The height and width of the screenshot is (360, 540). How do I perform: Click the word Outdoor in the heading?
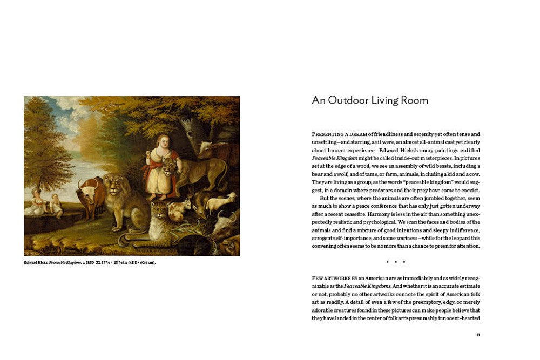coord(346,100)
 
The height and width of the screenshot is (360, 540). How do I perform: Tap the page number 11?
coord(478,335)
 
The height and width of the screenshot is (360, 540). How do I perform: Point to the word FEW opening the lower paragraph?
coord(319,277)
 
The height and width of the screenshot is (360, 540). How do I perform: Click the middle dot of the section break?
coord(396,262)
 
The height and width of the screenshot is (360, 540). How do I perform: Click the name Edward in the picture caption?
coord(32,263)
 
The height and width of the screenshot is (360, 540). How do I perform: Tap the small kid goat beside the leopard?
coord(182,208)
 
